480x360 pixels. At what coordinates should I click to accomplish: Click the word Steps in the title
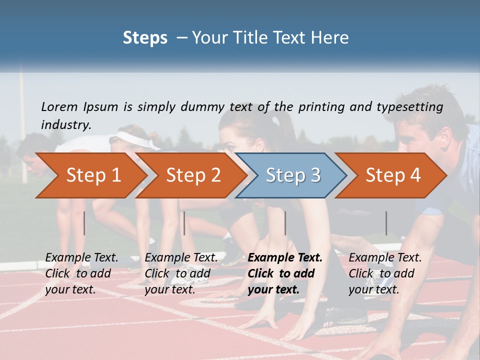145,37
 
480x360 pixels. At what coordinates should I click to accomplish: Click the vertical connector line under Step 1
84,223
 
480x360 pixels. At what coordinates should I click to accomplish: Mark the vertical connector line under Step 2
184,223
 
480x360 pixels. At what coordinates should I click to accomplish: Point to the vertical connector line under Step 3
285,223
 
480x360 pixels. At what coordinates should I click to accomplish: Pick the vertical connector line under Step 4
386,223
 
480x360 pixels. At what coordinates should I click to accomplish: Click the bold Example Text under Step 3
285,257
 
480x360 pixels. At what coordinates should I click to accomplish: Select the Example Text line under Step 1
81,257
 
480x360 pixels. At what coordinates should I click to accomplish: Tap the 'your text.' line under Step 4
373,289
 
